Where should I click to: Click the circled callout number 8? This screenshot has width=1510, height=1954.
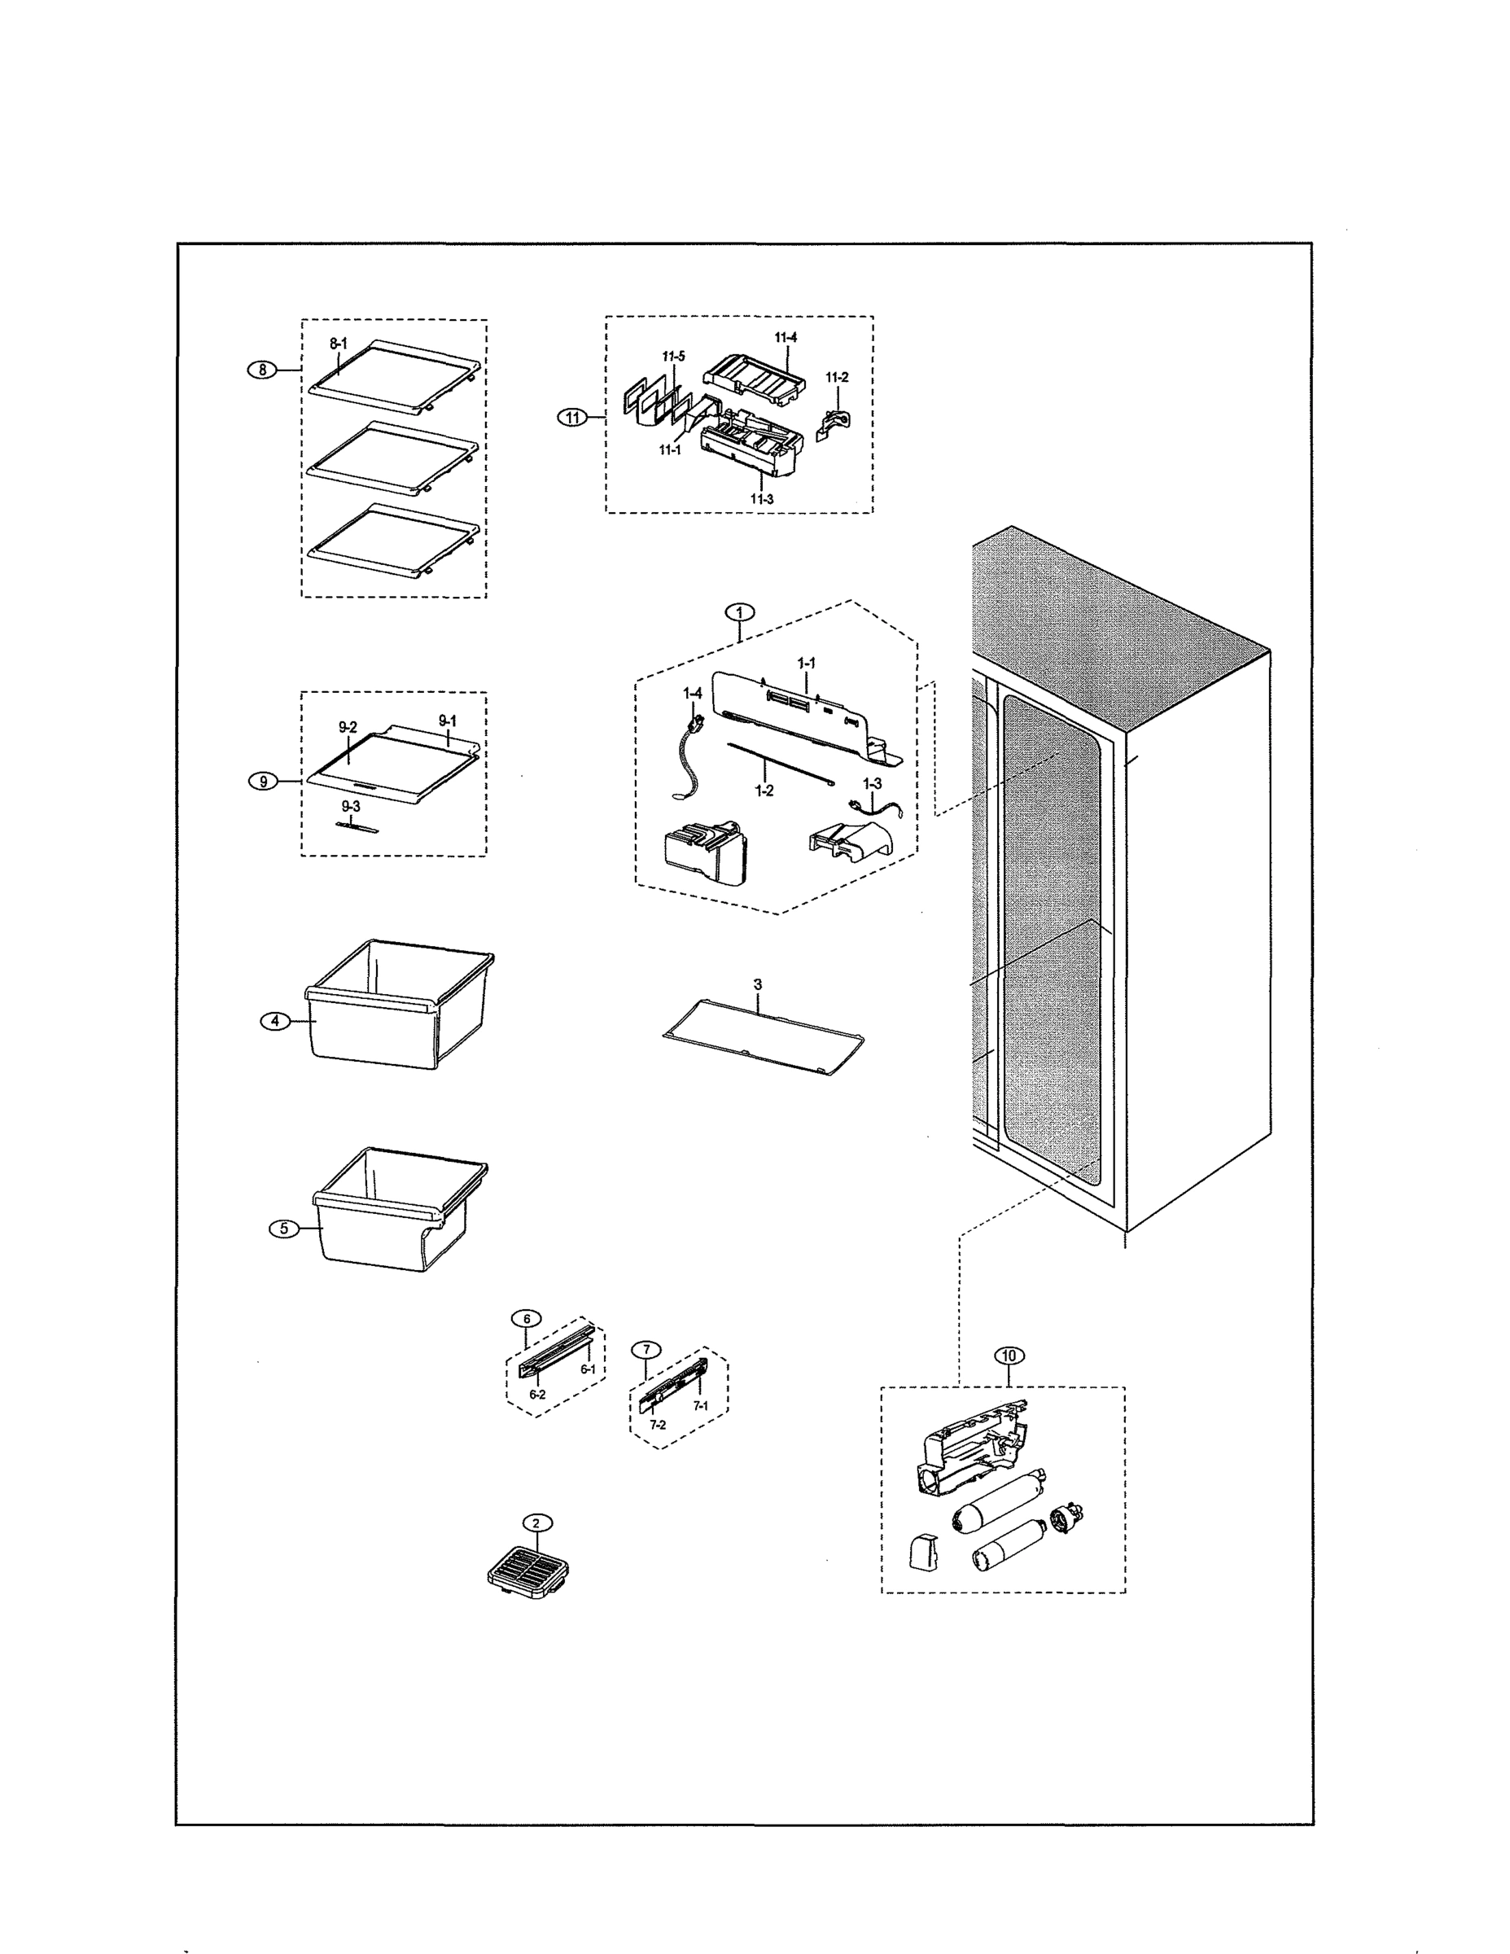262,370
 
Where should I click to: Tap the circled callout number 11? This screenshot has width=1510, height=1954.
573,417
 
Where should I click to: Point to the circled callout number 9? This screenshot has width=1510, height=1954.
263,781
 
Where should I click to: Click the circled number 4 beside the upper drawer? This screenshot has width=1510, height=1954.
275,1021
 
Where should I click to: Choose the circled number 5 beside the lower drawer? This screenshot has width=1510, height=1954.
284,1228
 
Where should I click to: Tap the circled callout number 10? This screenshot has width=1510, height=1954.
1009,1356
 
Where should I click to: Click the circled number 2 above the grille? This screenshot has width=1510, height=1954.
536,1522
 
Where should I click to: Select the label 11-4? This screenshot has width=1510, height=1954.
786,337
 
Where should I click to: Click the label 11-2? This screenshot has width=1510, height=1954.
837,377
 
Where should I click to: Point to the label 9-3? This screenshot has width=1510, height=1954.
351,806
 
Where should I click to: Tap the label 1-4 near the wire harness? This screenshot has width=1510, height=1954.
693,694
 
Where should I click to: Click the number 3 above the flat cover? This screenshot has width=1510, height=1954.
758,984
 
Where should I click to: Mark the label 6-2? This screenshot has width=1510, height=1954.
536,1394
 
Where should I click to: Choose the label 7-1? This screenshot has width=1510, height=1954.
699,1405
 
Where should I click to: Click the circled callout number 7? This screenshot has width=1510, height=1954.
646,1349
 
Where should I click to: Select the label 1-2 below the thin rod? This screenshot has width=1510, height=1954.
764,790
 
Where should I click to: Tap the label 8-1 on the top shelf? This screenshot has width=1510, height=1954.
338,343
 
